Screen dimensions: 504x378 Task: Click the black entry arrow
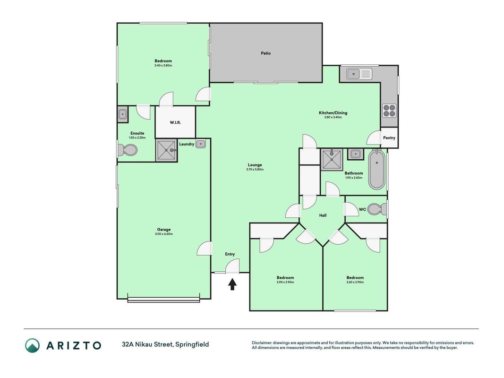[x=232, y=284]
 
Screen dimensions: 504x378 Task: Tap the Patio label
[x=265, y=53]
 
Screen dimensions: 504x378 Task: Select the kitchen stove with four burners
[x=389, y=111]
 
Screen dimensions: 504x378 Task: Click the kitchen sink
[x=359, y=74]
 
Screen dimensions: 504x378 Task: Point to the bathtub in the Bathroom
[x=376, y=170]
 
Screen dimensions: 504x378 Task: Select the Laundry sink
[x=201, y=144]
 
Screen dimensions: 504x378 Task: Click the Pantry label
[x=389, y=137]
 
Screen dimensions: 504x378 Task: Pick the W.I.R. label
[x=175, y=122]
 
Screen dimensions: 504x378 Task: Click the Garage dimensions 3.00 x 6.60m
[x=163, y=234]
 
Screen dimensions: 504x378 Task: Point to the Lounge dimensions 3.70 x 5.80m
[x=255, y=170]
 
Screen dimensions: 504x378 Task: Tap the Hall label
[x=323, y=215]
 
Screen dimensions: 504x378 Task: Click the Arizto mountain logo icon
[x=33, y=345]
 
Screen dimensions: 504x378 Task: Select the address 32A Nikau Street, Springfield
[x=165, y=344]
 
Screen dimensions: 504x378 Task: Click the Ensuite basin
[x=122, y=114]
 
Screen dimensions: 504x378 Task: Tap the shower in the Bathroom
[x=332, y=159]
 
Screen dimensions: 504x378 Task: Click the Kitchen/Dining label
[x=333, y=113]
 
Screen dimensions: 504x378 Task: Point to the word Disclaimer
[x=262, y=343]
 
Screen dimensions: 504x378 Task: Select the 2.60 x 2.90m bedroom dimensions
[x=355, y=282]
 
